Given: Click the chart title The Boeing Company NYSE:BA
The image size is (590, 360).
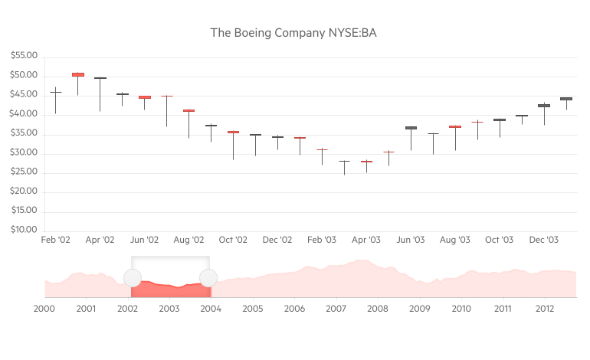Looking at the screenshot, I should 294,33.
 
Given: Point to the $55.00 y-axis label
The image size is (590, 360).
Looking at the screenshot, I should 25,56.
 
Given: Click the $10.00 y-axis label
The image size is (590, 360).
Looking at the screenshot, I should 25,230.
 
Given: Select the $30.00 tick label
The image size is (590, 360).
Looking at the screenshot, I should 25,153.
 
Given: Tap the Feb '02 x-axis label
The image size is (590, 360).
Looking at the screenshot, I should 55,240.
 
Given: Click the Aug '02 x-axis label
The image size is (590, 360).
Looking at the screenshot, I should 188,240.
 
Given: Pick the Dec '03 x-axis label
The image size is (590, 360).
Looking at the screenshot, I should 543,240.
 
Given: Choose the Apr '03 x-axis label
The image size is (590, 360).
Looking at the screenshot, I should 366,240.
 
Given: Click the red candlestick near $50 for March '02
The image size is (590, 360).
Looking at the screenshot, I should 77,74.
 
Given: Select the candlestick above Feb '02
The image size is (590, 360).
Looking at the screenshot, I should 55,93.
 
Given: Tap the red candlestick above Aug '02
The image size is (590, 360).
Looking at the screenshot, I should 188,111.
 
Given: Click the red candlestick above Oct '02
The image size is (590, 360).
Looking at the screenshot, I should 233,133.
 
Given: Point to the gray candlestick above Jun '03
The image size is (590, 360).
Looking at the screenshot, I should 411,128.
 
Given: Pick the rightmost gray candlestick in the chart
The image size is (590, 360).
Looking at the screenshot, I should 566,99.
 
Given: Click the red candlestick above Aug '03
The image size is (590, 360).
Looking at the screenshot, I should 455,126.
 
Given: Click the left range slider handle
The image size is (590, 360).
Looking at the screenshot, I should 132,278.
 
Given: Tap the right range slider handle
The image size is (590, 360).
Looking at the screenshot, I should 208,278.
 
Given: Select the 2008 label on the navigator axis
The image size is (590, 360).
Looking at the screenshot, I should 378,309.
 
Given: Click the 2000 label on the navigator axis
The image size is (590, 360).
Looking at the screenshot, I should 44,309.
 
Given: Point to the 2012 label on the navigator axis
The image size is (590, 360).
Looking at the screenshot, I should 545,309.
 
